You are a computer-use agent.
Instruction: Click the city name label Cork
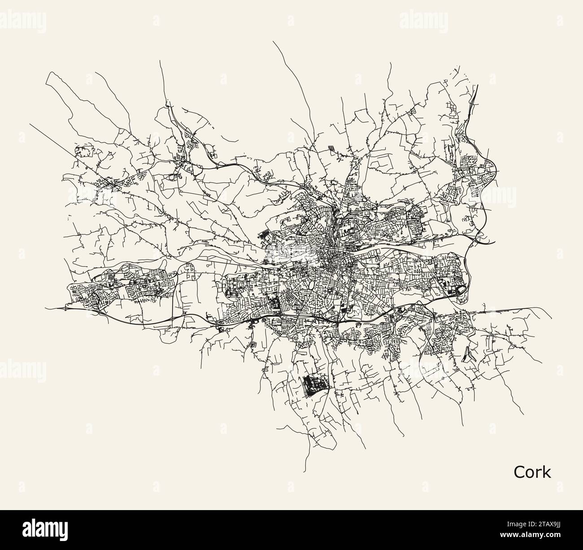[532, 472]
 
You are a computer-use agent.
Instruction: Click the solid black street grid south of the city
[314, 384]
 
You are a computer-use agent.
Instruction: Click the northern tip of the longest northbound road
[273, 41]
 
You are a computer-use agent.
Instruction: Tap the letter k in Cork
[547, 472]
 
